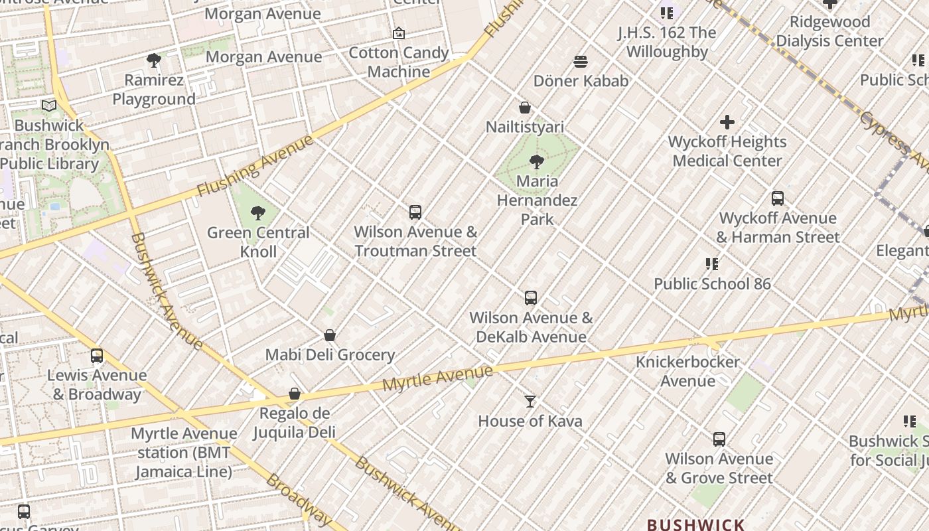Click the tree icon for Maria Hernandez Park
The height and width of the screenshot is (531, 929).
[536, 161]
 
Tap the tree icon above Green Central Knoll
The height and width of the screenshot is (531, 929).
[258, 213]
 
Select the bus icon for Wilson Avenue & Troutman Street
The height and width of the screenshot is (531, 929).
[415, 212]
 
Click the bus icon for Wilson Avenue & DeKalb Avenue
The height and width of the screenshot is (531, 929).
[531, 298]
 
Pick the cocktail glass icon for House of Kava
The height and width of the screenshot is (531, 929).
[530, 402]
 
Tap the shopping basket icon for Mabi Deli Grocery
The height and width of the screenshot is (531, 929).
[330, 336]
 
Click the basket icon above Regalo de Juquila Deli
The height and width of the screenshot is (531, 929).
[295, 394]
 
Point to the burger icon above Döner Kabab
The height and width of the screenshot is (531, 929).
[581, 62]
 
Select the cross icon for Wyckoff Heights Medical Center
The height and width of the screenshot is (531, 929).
[727, 122]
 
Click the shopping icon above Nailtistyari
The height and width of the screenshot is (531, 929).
[525, 108]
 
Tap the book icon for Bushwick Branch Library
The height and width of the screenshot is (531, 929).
[49, 106]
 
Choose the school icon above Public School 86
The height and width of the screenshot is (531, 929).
[712, 264]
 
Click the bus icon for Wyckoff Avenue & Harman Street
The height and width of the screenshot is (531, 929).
[778, 198]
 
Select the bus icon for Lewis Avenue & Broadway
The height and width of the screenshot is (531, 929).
[97, 356]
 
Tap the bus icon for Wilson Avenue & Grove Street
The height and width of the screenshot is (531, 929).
[719, 439]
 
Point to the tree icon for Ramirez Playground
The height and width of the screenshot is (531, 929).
[154, 61]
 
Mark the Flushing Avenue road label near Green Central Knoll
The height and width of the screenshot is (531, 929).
[255, 166]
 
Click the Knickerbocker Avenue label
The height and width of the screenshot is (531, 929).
[687, 371]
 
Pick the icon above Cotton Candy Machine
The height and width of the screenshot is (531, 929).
[399, 33]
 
